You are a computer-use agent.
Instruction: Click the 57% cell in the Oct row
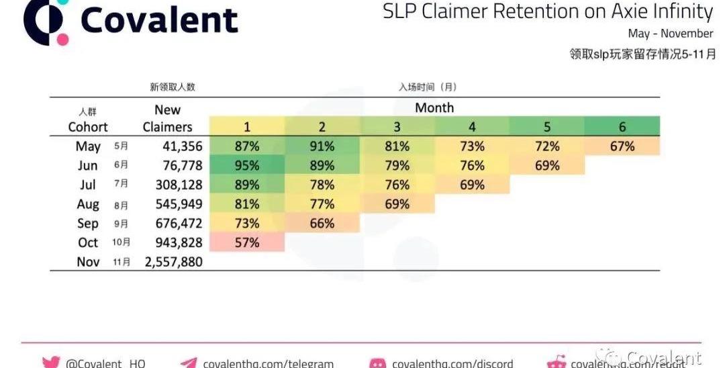(x=247, y=242)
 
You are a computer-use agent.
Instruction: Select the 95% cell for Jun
(x=247, y=165)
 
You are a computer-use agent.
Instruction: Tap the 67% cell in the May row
(x=622, y=146)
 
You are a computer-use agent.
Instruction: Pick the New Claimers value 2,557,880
(x=173, y=262)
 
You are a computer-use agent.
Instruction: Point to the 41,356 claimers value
(x=183, y=146)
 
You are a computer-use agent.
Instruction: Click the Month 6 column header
(x=622, y=127)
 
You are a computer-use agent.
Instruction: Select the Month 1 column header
(x=247, y=127)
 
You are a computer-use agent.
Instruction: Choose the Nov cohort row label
(x=88, y=262)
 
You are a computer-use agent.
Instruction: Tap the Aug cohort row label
(x=88, y=204)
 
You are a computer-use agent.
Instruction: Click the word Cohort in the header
(x=88, y=127)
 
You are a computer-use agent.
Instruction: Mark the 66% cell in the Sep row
(x=322, y=224)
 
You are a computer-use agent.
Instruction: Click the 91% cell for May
(x=322, y=146)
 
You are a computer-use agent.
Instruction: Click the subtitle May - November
(x=670, y=34)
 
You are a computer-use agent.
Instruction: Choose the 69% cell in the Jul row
(x=473, y=185)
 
